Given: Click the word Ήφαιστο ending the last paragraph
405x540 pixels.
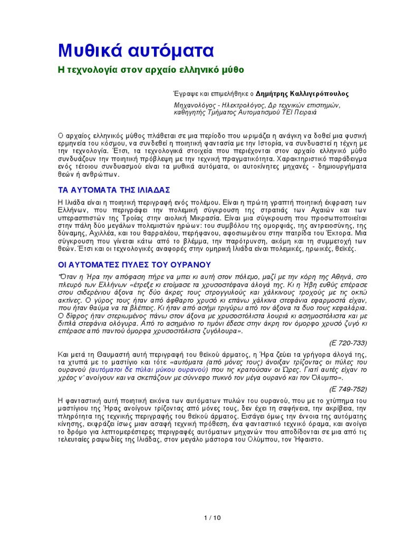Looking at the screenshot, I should pos(302,439).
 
